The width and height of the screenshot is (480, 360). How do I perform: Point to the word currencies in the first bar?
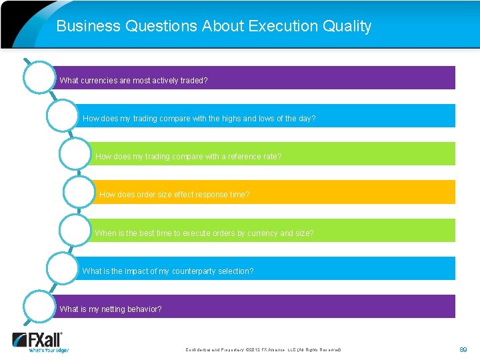point(98,81)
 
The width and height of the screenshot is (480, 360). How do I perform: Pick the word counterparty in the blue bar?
point(197,271)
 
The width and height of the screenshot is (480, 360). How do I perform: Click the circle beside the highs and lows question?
point(63,115)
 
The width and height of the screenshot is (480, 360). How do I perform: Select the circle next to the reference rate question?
point(75,154)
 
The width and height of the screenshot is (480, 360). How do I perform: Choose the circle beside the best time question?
point(75,230)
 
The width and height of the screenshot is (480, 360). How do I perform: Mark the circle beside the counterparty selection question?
point(63,268)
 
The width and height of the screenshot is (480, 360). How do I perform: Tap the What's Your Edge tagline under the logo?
point(48,349)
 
